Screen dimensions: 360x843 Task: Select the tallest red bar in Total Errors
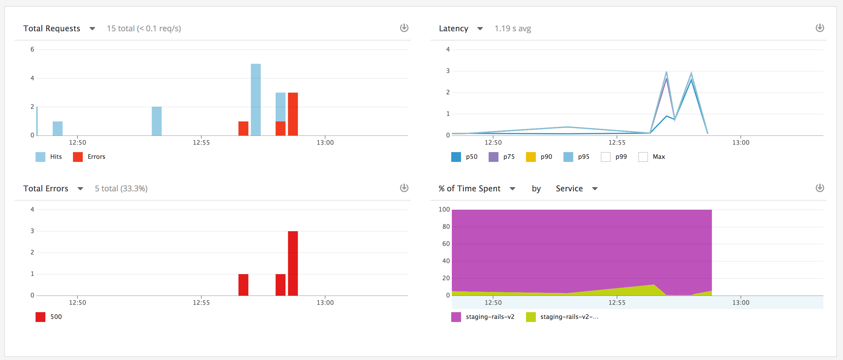tap(292, 263)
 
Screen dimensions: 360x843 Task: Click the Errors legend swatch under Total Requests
tap(78, 157)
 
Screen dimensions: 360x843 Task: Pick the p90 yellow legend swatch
tap(530, 157)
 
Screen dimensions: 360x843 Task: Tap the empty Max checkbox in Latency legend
tap(643, 157)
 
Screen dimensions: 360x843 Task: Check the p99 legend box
tap(605, 157)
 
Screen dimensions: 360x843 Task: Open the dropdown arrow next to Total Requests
tap(92, 29)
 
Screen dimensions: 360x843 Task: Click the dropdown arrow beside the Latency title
tap(480, 29)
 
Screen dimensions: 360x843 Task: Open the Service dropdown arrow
tap(595, 189)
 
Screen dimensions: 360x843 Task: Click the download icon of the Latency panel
tap(819, 28)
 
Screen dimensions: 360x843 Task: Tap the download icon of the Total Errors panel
tap(404, 188)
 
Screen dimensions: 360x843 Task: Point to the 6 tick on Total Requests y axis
tap(32, 49)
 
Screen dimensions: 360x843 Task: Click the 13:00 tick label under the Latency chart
tap(741, 143)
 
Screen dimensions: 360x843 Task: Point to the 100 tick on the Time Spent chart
tap(444, 209)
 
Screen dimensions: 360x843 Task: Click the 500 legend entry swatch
tap(40, 317)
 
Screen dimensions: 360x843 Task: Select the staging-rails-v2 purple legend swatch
tap(456, 317)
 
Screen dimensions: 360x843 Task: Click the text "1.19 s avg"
tap(513, 29)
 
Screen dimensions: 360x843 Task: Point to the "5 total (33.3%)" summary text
tap(121, 189)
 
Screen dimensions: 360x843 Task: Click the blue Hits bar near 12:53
tap(156, 121)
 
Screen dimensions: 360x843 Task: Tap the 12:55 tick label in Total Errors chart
tap(201, 303)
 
